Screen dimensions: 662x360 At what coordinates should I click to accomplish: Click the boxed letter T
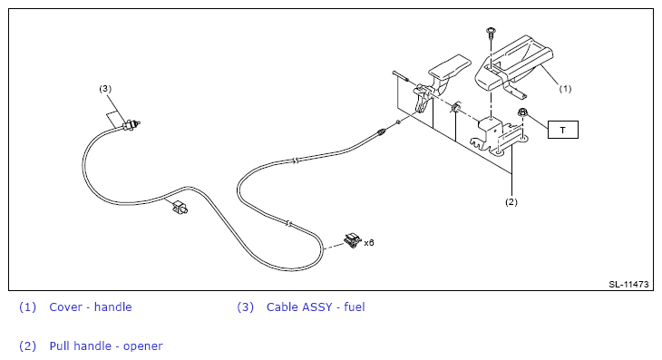pyautogui.click(x=563, y=130)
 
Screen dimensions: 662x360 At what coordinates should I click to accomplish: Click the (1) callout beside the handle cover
pyautogui.click(x=565, y=89)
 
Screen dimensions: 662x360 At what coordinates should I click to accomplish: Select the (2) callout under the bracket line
pyautogui.click(x=511, y=202)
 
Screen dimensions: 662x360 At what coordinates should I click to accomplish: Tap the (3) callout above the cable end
pyautogui.click(x=105, y=89)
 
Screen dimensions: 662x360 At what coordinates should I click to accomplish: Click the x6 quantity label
pyautogui.click(x=369, y=243)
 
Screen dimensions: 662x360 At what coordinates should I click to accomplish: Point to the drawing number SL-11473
pyautogui.click(x=628, y=284)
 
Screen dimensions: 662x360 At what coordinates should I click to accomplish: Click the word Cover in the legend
pyautogui.click(x=65, y=306)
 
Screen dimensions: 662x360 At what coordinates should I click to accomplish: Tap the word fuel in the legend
pyautogui.click(x=355, y=306)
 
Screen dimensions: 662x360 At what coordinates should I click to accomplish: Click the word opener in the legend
pyautogui.click(x=142, y=346)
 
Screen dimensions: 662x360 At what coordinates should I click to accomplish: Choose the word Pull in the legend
pyautogui.click(x=57, y=346)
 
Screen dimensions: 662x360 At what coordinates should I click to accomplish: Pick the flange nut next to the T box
pyautogui.click(x=522, y=112)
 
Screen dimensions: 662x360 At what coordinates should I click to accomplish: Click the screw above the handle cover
pyautogui.click(x=491, y=33)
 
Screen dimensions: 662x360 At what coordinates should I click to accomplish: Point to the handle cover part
pyautogui.click(x=513, y=65)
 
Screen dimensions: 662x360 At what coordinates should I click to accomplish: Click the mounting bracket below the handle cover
pyautogui.click(x=498, y=136)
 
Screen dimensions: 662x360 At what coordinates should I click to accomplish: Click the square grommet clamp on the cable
pyautogui.click(x=180, y=208)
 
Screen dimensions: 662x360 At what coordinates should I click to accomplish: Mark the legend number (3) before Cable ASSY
pyautogui.click(x=245, y=306)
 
